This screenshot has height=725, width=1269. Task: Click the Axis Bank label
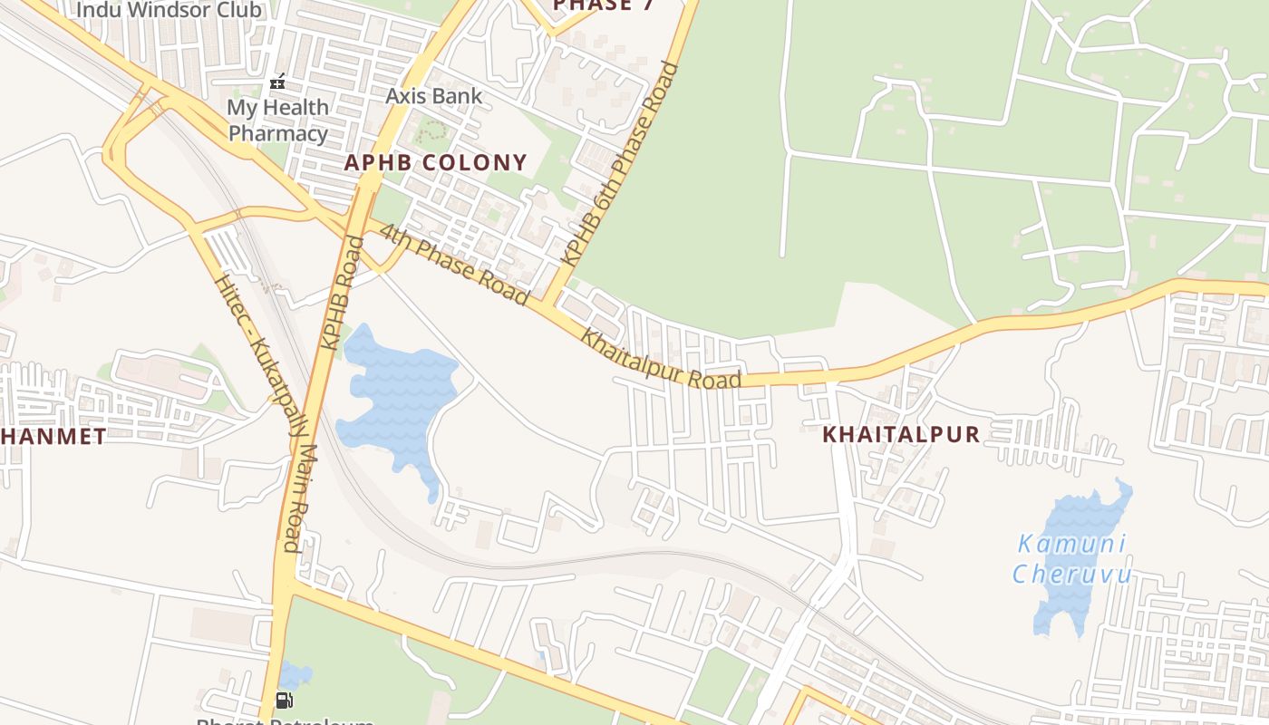pos(434,96)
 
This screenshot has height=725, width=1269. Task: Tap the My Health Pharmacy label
pos(277,121)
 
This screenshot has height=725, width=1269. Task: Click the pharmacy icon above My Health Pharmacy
pos(278,82)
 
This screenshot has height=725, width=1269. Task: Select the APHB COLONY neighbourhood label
pos(435,163)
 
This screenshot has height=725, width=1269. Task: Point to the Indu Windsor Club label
pos(170,11)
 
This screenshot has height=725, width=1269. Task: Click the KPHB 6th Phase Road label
pos(620,163)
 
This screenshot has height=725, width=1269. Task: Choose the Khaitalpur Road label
pos(661,358)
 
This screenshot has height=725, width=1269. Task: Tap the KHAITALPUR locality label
pos(901,435)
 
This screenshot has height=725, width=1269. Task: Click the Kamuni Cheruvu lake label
pos(1072,559)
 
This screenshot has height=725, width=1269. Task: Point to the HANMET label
pos(53,437)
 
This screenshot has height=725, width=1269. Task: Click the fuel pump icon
pos(284,700)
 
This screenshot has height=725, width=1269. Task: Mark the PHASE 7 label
pos(605,5)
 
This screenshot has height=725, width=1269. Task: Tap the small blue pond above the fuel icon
pos(294,674)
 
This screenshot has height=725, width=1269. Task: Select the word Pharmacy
pos(277,134)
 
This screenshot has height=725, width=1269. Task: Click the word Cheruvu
pos(1072,575)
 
